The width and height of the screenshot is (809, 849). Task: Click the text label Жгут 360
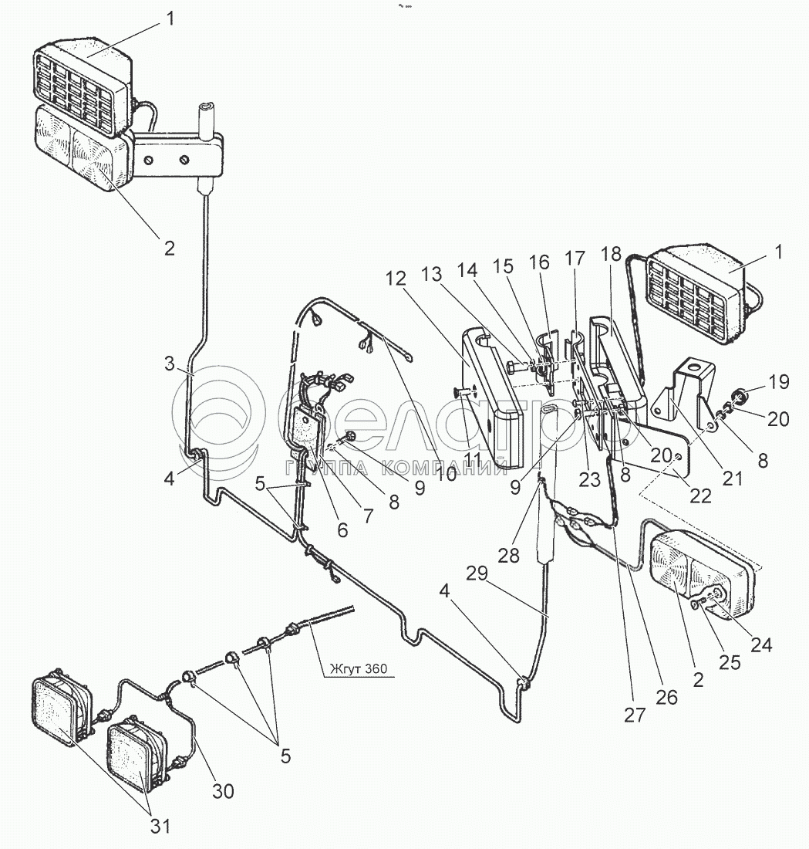(x=359, y=669)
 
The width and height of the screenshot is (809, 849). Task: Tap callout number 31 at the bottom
(x=160, y=826)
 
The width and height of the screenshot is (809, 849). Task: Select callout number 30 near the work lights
(x=222, y=790)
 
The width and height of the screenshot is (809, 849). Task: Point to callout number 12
(x=396, y=279)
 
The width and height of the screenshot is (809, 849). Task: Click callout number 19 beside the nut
(x=779, y=382)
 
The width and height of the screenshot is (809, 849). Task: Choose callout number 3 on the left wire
(x=170, y=364)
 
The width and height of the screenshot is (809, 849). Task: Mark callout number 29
(x=477, y=573)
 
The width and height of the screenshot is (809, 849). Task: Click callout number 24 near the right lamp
(x=761, y=644)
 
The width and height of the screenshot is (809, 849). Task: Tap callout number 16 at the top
(x=539, y=262)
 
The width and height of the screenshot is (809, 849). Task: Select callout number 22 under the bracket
(x=700, y=496)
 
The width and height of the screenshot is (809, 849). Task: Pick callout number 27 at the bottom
(x=635, y=715)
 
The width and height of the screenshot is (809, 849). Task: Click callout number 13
(x=432, y=275)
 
